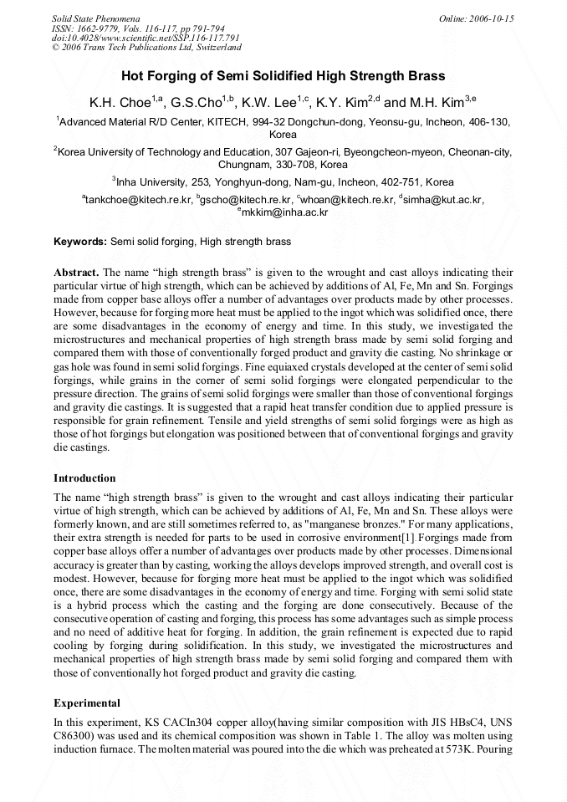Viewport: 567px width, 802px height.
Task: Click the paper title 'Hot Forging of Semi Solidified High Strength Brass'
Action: [x=283, y=75]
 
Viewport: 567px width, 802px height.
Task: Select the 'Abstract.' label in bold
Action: [x=76, y=273]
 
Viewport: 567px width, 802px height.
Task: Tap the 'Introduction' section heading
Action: [x=84, y=478]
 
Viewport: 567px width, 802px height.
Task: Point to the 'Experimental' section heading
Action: [x=87, y=702]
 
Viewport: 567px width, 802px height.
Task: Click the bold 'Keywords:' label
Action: [x=80, y=242]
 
